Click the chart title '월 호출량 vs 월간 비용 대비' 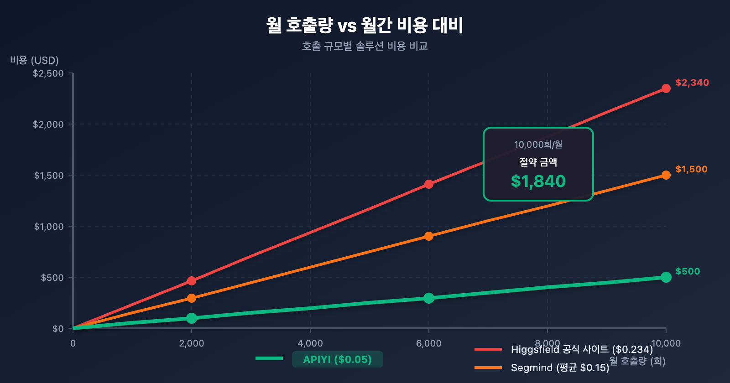[365, 25]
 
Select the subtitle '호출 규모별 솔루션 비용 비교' [365, 46]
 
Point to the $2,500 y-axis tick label [48, 73]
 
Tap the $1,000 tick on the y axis [49, 227]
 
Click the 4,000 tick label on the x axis [310, 343]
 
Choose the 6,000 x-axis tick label [429, 343]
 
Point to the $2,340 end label [692, 83]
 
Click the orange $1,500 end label [691, 169]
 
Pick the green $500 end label [688, 271]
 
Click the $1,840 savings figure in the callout [538, 181]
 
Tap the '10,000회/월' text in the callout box [538, 145]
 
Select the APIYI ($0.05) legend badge [337, 359]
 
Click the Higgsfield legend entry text [582, 349]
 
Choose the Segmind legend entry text [560, 367]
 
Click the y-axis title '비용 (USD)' [34, 60]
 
